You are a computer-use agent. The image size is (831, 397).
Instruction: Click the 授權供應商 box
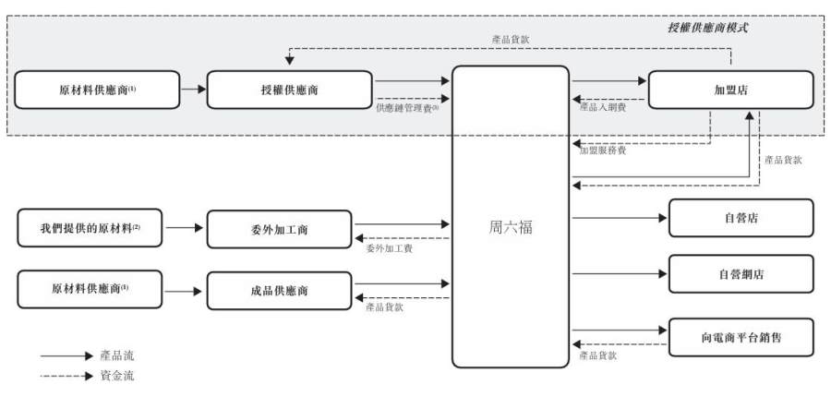289,90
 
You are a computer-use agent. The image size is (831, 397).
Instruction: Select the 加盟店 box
731,90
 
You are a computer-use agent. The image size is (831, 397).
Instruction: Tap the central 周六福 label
511,228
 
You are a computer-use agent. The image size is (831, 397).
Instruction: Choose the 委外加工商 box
279,230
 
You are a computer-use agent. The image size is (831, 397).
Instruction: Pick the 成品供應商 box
279,291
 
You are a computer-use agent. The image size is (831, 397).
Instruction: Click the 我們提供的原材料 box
90,228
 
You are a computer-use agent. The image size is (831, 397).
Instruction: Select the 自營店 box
741,218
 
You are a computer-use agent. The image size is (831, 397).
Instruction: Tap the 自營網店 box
741,274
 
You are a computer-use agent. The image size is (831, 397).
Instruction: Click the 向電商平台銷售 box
741,337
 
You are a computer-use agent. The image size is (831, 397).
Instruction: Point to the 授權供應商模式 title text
707,28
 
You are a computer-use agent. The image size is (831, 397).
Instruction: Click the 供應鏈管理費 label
408,108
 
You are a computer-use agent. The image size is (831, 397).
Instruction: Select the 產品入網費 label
603,108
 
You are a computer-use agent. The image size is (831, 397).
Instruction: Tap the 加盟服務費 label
603,150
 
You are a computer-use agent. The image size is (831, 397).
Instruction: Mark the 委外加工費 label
389,248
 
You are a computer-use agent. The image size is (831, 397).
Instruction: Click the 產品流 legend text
116,355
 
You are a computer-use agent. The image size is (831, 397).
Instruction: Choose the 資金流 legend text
116,376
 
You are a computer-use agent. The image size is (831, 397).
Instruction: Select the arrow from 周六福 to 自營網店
620,274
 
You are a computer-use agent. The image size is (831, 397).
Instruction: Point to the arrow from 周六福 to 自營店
620,218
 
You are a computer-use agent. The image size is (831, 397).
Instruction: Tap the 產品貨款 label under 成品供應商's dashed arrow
384,307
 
